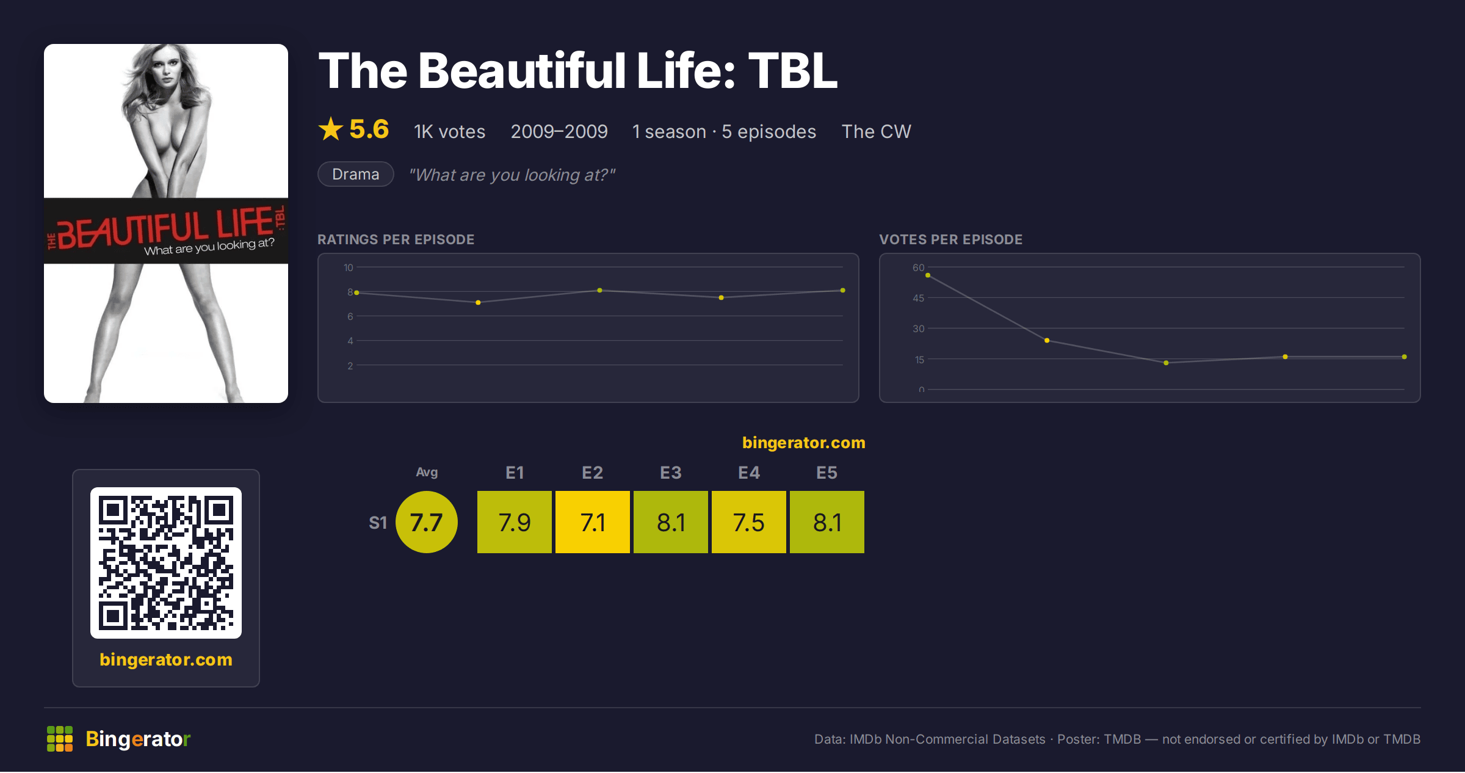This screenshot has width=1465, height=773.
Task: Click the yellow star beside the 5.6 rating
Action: [x=331, y=129]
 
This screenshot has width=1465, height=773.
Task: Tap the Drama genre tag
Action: [x=356, y=174]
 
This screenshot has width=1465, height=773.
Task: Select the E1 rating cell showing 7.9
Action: [x=515, y=522]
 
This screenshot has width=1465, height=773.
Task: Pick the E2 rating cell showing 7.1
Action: [x=593, y=522]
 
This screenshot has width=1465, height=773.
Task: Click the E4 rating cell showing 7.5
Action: [x=749, y=522]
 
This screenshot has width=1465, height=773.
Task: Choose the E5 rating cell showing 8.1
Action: [x=827, y=522]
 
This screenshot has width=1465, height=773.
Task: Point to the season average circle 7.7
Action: [x=427, y=522]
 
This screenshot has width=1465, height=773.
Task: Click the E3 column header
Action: [x=671, y=473]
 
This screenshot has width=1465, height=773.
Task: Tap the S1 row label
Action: [x=378, y=523]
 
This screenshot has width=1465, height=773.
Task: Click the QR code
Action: [x=166, y=563]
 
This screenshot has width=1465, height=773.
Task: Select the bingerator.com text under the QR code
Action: [x=166, y=659]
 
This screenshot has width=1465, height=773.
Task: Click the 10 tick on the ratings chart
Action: [x=349, y=267]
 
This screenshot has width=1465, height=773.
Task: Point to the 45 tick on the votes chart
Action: [x=919, y=298]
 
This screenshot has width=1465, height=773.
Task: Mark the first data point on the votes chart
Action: [x=928, y=275]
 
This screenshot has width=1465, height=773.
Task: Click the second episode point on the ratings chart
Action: [x=478, y=302]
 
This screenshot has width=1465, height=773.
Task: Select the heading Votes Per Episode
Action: [x=951, y=239]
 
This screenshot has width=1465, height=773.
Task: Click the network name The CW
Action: [x=877, y=131]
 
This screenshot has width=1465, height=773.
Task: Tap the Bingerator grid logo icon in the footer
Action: [x=60, y=739]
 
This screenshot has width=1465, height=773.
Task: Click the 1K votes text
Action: [x=450, y=131]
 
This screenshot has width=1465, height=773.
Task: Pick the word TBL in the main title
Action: [x=793, y=70]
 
